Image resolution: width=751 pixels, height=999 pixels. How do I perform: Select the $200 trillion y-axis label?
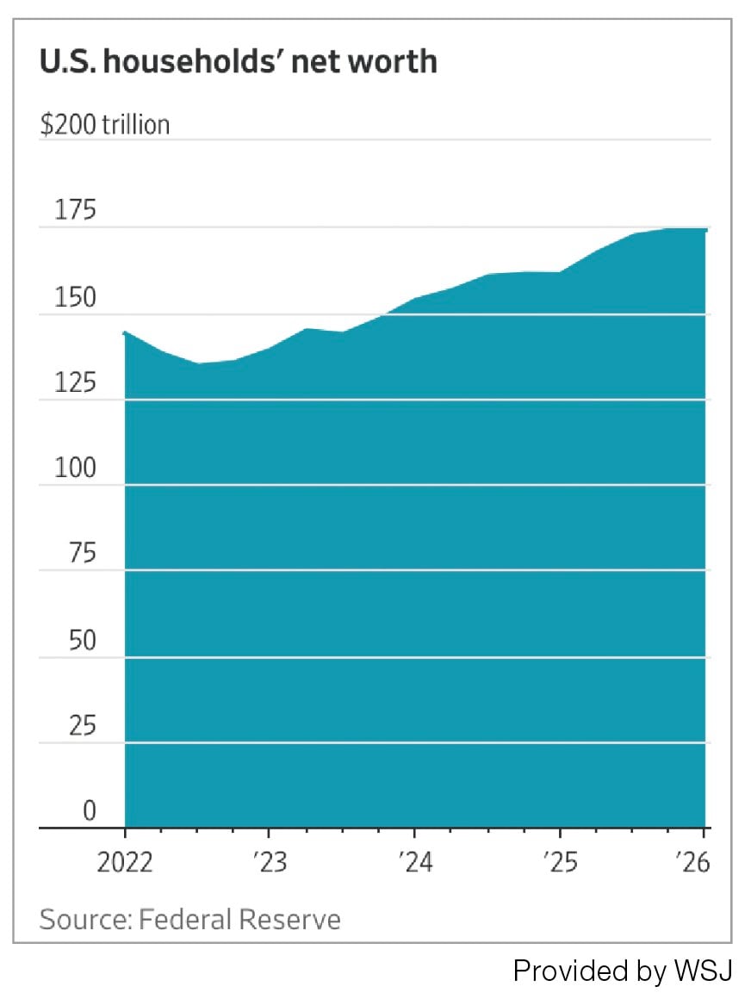[x=104, y=124]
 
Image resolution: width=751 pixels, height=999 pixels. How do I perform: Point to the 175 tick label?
[x=75, y=209]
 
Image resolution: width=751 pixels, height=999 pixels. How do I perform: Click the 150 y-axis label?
[x=75, y=297]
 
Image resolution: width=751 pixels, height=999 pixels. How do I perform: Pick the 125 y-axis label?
[x=75, y=383]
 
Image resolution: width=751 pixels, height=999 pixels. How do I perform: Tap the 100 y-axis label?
[x=75, y=468]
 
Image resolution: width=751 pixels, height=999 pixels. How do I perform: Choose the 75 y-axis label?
[x=82, y=553]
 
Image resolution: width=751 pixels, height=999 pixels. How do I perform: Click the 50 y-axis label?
[x=82, y=640]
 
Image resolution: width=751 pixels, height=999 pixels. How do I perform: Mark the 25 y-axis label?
[x=82, y=726]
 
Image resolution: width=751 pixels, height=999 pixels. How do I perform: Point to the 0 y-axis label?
[x=90, y=810]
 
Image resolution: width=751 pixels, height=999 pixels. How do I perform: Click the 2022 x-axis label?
[x=125, y=863]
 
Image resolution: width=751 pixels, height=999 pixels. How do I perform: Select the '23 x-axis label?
[x=270, y=863]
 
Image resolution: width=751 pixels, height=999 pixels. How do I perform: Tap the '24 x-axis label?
[x=415, y=863]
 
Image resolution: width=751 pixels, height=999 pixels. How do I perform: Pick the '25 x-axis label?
[x=561, y=863]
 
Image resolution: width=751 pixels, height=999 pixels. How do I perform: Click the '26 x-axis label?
[x=693, y=863]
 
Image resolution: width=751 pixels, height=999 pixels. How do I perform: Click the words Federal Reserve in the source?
[x=239, y=920]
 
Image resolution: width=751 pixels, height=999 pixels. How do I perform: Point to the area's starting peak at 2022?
[x=125, y=332]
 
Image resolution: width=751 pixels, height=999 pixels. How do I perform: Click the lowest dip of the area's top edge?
[x=199, y=363]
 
